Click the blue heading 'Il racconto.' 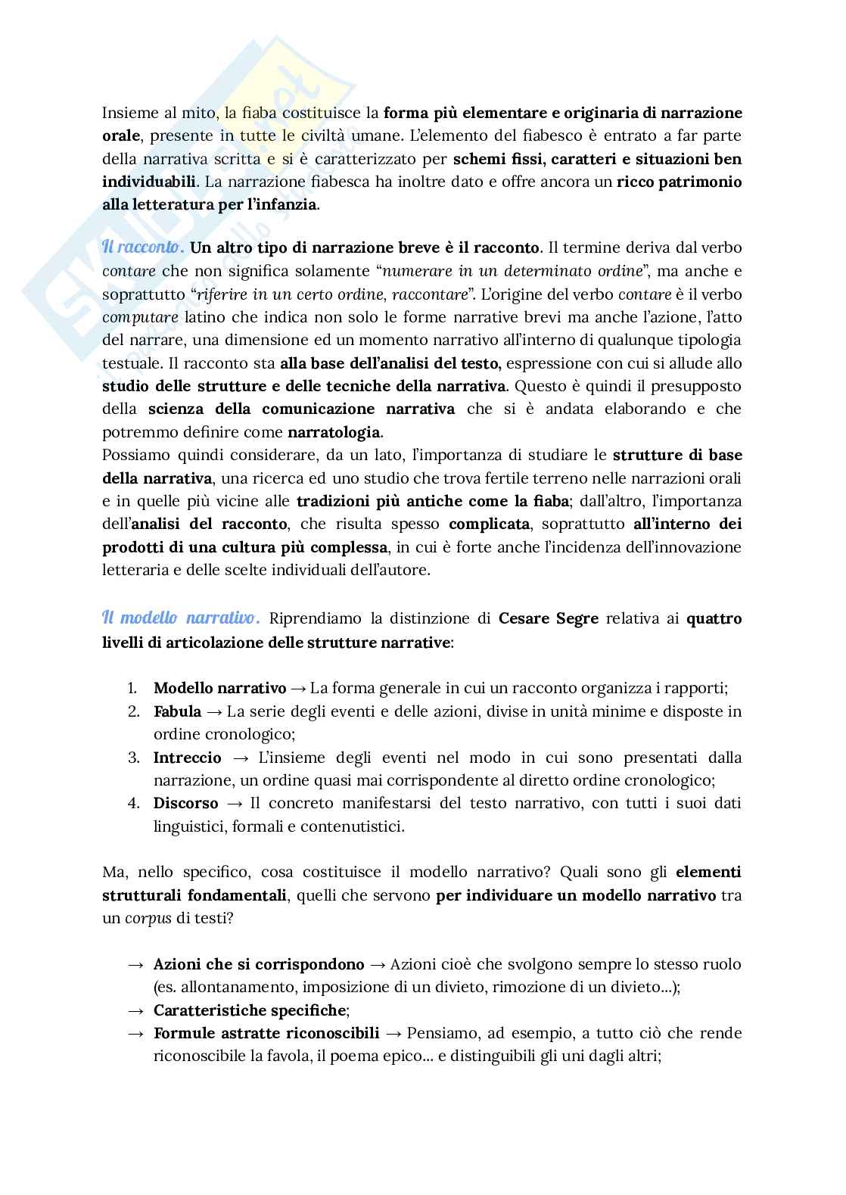[142, 247]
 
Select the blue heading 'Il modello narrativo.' [181, 618]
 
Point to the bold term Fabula [177, 711]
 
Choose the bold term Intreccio [188, 757]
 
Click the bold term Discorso [185, 803]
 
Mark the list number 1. [132, 688]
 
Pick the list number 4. [132, 803]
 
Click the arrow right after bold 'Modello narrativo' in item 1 [298, 688]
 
